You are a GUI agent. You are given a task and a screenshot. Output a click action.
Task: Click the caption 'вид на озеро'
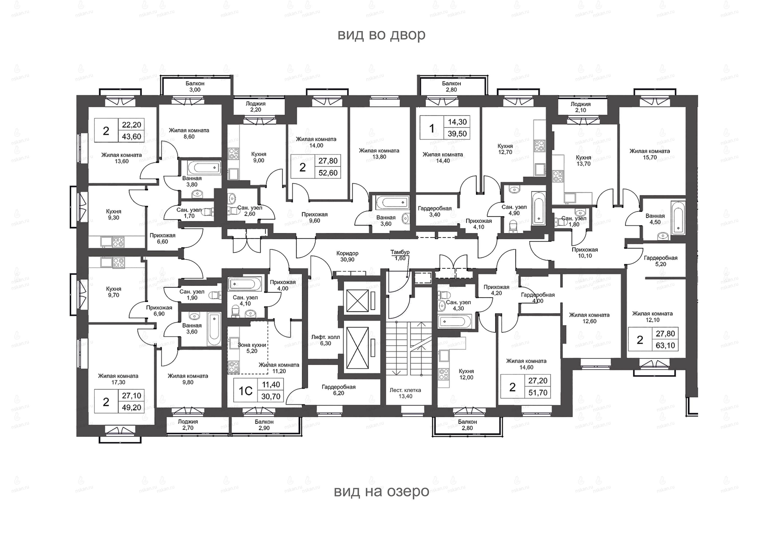click(x=381, y=491)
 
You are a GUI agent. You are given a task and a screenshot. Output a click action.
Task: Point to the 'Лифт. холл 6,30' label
click(x=326, y=340)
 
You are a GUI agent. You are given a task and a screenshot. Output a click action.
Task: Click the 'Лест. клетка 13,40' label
click(x=405, y=393)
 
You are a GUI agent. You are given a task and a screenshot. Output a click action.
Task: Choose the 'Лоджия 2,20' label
click(x=256, y=107)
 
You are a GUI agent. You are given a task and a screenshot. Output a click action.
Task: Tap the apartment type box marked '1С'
click(x=245, y=391)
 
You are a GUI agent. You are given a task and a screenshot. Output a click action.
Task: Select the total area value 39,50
click(x=457, y=134)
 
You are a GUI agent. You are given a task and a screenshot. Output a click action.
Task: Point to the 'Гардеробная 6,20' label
click(x=338, y=390)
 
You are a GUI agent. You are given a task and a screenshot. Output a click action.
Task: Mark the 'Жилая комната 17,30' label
click(x=118, y=379)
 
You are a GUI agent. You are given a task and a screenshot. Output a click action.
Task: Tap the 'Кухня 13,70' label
click(x=584, y=160)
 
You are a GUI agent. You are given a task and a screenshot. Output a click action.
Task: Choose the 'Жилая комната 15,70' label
click(x=650, y=154)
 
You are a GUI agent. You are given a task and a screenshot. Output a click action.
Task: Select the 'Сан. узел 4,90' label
click(x=514, y=210)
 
